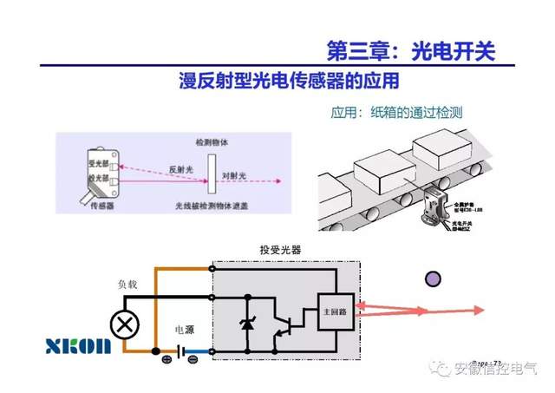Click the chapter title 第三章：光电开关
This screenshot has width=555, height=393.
(x=408, y=50)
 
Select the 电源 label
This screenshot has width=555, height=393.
(x=186, y=330)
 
